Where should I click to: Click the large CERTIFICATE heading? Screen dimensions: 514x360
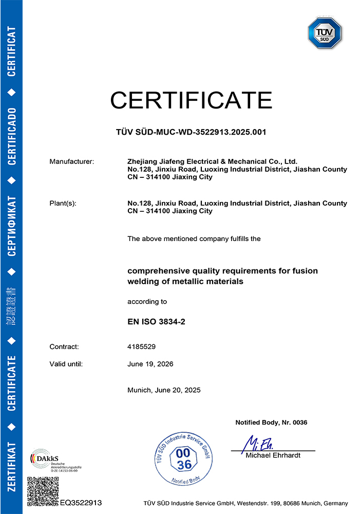(191, 99)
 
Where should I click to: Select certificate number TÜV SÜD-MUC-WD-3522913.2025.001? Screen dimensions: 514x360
(191, 132)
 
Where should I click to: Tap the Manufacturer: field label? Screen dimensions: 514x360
(72, 162)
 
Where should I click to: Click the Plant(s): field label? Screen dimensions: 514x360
(63, 204)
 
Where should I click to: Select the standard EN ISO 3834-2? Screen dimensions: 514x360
(156, 323)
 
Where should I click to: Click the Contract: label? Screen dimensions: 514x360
(64, 347)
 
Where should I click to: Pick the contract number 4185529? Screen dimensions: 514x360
(141, 347)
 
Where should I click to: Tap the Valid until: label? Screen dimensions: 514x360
(66, 364)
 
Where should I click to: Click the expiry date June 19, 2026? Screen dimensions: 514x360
(150, 364)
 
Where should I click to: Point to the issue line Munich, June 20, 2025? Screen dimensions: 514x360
(164, 390)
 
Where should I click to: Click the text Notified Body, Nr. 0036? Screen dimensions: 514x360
(271, 423)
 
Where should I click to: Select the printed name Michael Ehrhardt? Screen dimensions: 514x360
(273, 456)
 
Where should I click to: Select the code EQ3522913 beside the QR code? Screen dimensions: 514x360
(81, 503)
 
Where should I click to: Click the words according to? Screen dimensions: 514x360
(147, 302)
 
